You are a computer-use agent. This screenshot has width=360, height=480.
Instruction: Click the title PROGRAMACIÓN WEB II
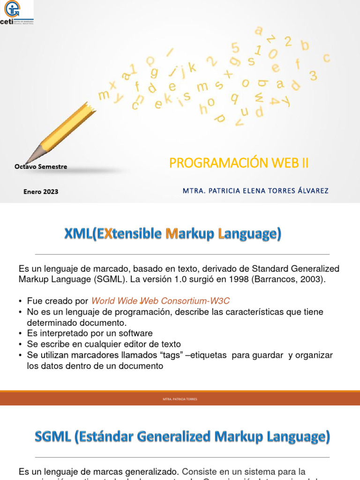click(x=239, y=163)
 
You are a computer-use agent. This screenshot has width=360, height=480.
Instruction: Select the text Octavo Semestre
click(x=41, y=166)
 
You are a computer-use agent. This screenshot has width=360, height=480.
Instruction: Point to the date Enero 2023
click(x=41, y=191)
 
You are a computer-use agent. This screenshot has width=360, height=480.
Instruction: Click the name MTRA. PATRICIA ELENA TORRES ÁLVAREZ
click(x=255, y=191)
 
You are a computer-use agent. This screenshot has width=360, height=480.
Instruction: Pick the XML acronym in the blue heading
click(x=78, y=233)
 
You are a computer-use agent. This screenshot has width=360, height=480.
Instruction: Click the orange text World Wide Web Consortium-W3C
click(x=160, y=301)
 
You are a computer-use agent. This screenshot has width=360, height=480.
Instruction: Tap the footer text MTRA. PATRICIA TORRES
click(x=180, y=399)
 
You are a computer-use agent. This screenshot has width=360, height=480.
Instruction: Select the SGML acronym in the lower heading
click(x=52, y=437)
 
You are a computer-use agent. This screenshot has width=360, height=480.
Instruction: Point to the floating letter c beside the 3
click(x=327, y=58)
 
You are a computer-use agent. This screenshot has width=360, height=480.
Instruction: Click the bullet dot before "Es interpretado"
click(x=21, y=334)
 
